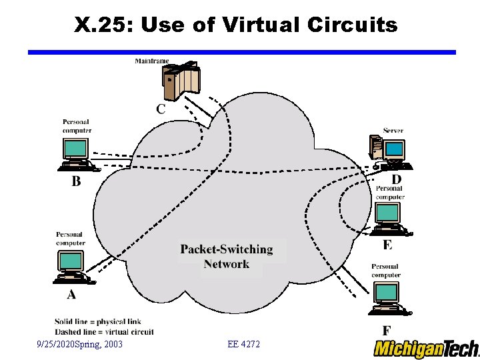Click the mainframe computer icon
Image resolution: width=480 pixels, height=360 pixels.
pos(180,81)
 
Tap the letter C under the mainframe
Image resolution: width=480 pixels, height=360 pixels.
pos(161,109)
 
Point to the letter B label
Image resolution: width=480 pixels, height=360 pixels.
pos(77,181)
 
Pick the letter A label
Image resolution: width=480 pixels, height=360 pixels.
pos(71,294)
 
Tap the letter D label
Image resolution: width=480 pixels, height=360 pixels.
pos(396,179)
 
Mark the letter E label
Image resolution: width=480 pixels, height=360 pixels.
pos(388,245)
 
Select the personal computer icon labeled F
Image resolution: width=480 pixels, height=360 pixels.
pos(386,297)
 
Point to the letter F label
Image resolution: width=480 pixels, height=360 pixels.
pos(386,330)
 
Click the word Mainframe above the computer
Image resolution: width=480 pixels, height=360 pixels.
pos(152,61)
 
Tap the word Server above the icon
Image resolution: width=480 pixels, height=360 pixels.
pos(393,131)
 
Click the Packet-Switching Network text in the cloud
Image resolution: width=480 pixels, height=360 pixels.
pos(227,257)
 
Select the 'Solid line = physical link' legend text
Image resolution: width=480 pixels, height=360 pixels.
pos(98,322)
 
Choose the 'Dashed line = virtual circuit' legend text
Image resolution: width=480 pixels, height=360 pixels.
pos(104,331)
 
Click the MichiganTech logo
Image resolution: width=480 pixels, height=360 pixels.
pos(426,349)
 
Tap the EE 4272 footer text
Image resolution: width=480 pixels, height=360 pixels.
pos(243,344)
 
